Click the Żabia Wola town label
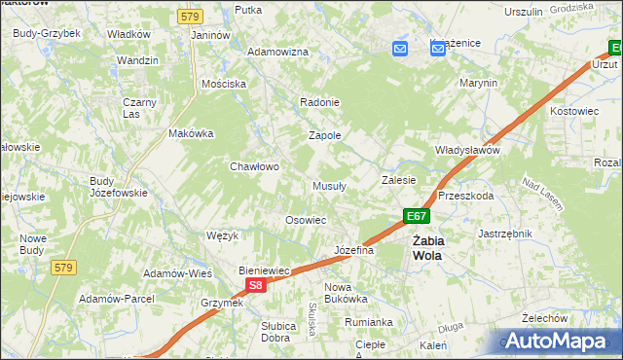(x=426, y=248)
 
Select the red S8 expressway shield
(x=255, y=285)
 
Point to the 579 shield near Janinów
(x=189, y=17)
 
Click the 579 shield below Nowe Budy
(x=64, y=268)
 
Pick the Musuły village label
(x=329, y=186)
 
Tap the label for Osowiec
(x=305, y=220)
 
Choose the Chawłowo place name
(x=254, y=166)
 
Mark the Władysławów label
(x=466, y=151)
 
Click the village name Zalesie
(x=398, y=180)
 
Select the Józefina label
(x=354, y=251)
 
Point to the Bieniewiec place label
(x=266, y=270)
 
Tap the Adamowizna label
(x=277, y=52)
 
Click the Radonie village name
(x=319, y=103)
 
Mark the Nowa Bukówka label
(x=345, y=293)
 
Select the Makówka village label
(x=191, y=133)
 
